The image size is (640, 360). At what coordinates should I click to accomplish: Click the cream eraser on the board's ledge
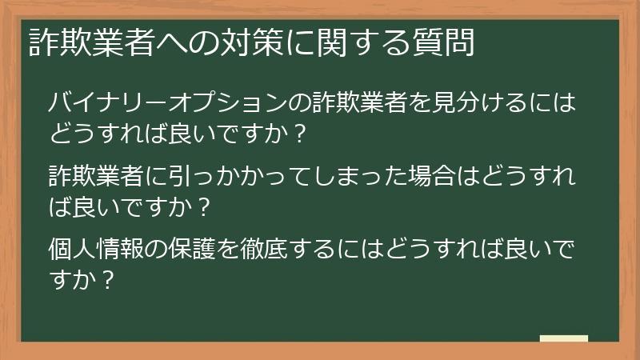(563, 338)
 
